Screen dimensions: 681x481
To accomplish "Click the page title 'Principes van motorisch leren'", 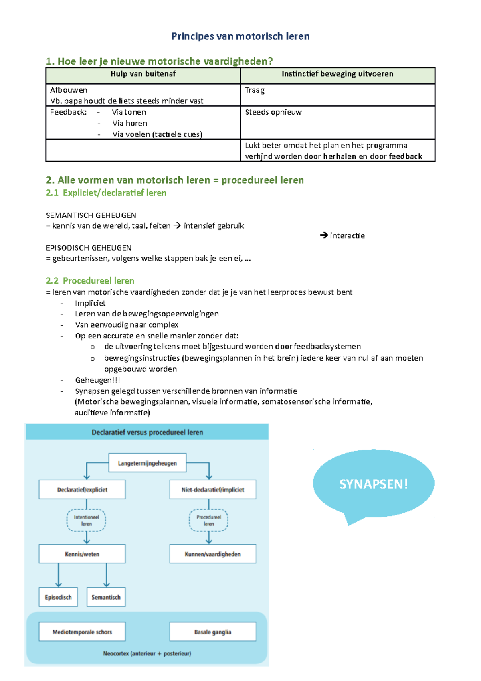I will point(240,36).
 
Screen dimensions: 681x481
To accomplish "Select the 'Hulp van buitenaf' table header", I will point(143,74).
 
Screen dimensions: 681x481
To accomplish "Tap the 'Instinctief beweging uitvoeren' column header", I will point(337,74).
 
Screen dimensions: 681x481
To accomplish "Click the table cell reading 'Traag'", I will point(255,90).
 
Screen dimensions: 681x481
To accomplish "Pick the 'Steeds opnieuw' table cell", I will point(273,112).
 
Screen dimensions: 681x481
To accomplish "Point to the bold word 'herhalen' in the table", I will point(340,156).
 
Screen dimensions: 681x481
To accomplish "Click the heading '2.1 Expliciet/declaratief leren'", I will point(106,193).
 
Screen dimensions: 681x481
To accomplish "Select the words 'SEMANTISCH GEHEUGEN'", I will point(91,215).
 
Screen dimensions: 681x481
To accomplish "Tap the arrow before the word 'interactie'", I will point(324,235).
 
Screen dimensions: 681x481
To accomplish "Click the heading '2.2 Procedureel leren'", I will point(90,281).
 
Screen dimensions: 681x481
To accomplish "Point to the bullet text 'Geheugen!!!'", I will point(97,380).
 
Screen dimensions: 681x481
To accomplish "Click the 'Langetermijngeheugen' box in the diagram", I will point(148,463).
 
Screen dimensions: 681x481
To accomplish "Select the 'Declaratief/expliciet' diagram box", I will point(82,490).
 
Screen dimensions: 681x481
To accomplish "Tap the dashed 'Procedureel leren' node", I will point(208,521).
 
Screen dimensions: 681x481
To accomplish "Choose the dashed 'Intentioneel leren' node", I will point(86,521).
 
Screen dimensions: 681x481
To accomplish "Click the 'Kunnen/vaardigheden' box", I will point(212,554).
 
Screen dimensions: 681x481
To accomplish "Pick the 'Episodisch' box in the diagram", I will point(58,597).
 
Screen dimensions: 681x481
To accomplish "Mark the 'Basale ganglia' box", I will point(212,632).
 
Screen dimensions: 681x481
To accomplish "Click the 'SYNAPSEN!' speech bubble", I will point(373,484).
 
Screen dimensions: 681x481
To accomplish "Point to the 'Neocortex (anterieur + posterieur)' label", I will point(147,653).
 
